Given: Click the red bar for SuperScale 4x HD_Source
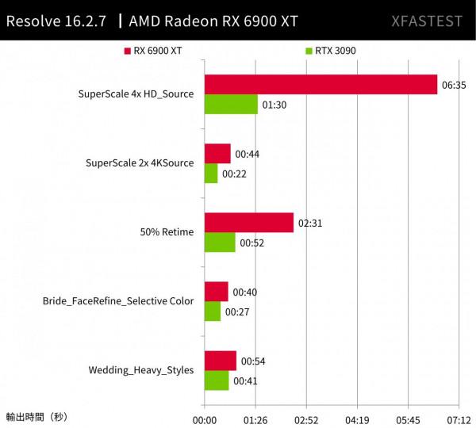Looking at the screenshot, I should coord(321,84).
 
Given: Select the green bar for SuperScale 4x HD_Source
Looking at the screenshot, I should coord(231,104).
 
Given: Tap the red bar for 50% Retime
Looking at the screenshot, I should coord(248,223).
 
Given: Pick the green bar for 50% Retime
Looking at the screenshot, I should coord(220,243).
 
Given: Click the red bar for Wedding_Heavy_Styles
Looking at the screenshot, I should coord(220,361).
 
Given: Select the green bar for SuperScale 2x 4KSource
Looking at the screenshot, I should coord(211,174).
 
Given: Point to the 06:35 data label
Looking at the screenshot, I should coord(454,84).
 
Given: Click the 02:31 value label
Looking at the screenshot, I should coord(309,223).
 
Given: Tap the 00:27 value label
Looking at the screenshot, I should coord(237,311).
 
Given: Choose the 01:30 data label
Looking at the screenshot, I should coord(274,104).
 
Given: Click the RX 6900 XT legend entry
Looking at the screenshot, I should coord(153,51).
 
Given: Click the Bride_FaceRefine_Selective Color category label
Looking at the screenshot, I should coord(118,301).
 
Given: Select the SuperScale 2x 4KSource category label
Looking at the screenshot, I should coord(140,163).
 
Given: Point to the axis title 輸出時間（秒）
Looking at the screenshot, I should coord(37,416).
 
